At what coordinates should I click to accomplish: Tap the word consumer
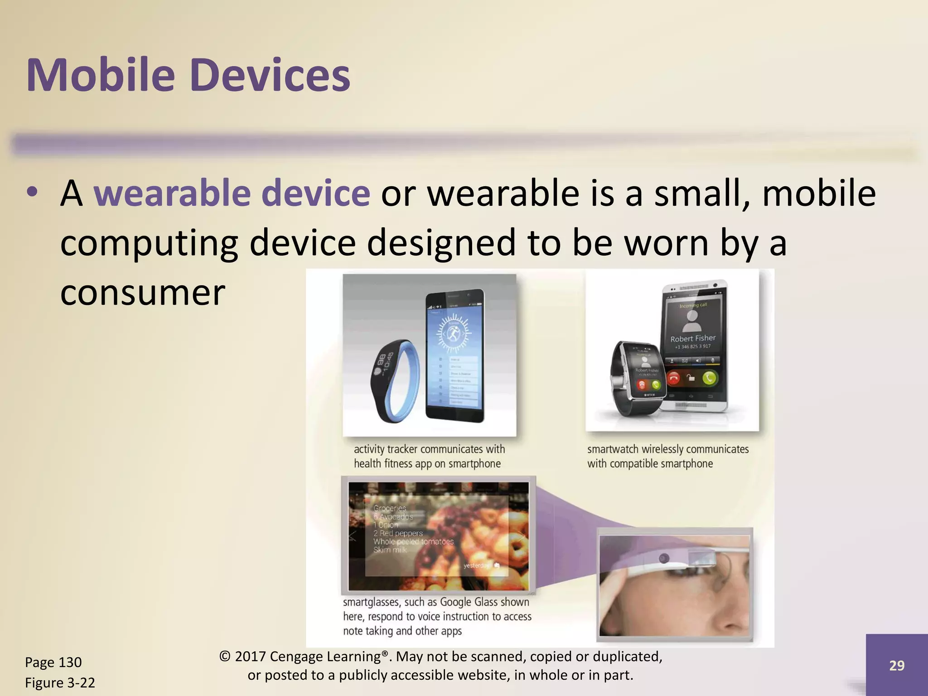click(142, 292)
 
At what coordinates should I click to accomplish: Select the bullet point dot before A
click(32, 192)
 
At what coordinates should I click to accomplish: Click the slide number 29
click(897, 665)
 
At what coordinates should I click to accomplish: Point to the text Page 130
click(53, 662)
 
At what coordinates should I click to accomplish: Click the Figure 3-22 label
click(60, 682)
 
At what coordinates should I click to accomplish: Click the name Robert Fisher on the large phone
click(693, 338)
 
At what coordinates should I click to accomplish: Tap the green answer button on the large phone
click(709, 377)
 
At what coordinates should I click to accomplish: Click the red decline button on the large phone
click(674, 378)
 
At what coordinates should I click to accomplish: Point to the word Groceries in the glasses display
click(390, 508)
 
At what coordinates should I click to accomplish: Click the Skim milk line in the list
click(390, 550)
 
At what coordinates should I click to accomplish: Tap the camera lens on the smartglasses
click(664, 558)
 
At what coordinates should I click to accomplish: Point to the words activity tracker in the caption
click(386, 449)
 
